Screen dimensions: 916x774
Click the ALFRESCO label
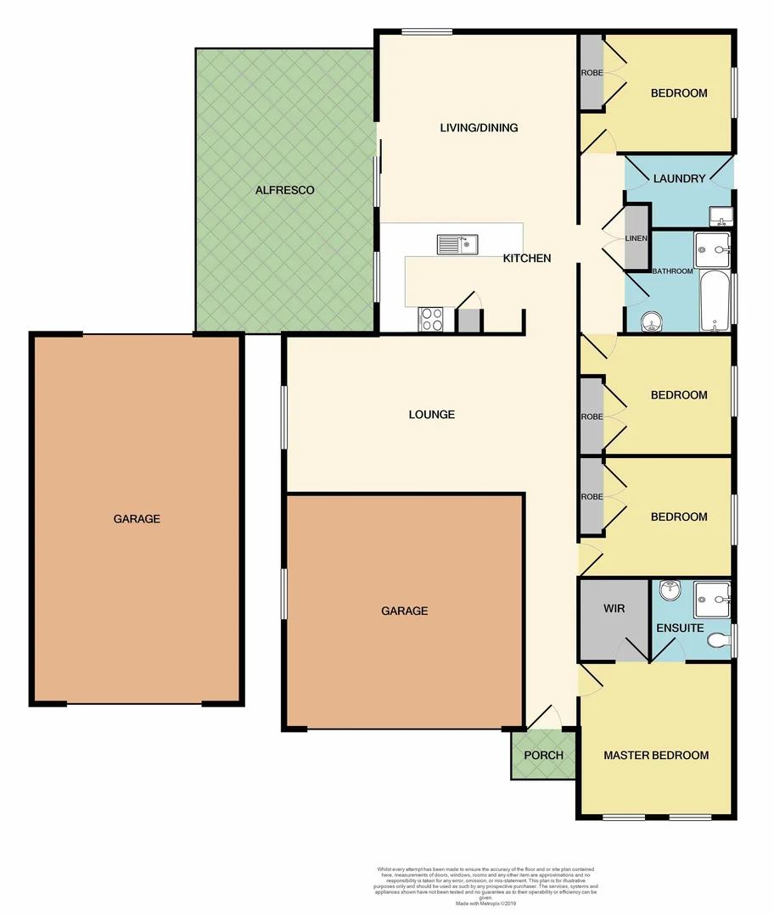coord(285,190)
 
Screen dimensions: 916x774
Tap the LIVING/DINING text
coord(479,128)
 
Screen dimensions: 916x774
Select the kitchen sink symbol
coord(457,245)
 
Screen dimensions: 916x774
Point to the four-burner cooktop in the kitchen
coord(431,319)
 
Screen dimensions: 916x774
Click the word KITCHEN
coord(527,258)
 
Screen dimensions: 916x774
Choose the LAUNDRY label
coord(679,179)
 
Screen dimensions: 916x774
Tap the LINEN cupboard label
coord(637,238)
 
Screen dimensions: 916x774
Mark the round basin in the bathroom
coord(651,322)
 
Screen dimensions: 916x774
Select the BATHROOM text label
coord(672,271)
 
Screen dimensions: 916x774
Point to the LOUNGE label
coord(432,415)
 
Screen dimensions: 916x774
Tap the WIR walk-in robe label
coord(614,608)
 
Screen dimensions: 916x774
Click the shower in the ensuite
coord(711,600)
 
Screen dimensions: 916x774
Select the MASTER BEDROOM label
coord(656,755)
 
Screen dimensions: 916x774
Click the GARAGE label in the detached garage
coord(137,518)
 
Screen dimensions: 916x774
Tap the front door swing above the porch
coord(546,718)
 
